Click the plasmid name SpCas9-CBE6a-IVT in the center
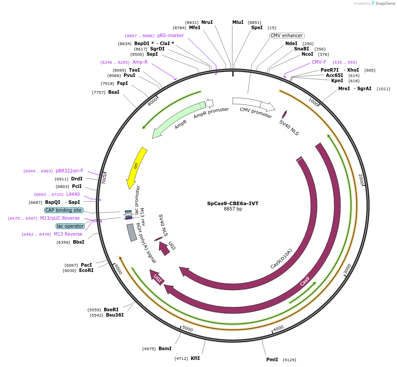pyautogui.click(x=233, y=203)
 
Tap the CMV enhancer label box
pyautogui.click(x=287, y=35)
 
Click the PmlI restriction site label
pyautogui.click(x=272, y=359)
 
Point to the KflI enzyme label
pyautogui.click(x=195, y=358)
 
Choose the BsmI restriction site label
pyautogui.click(x=165, y=348)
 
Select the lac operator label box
pyautogui.click(x=70, y=226)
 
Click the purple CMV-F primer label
pyautogui.click(x=319, y=62)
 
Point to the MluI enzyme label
pyautogui.click(x=238, y=22)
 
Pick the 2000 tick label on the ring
pyautogui.click(x=361, y=179)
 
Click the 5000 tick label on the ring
pyautogui.click(x=188, y=329)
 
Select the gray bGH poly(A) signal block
pyautogui.click(x=132, y=233)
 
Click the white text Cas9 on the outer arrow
pyautogui.click(x=305, y=281)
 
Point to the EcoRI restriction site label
pyautogui.click(x=86, y=270)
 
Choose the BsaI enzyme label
pyautogui.click(x=113, y=92)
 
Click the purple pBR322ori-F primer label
pyautogui.click(x=69, y=171)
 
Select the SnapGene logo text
pyautogui.click(x=384, y=4)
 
